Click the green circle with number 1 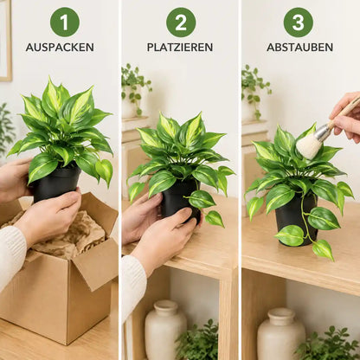click(65, 22)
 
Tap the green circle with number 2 click(181, 22)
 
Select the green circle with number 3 click(299, 22)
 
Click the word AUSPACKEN click(60, 48)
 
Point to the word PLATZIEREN click(180, 48)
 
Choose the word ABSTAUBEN click(299, 48)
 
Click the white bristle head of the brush click(309, 146)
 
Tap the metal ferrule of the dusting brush click(323, 132)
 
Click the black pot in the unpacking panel click(56, 183)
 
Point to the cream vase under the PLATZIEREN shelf click(165, 330)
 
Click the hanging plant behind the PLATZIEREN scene click(135, 87)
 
